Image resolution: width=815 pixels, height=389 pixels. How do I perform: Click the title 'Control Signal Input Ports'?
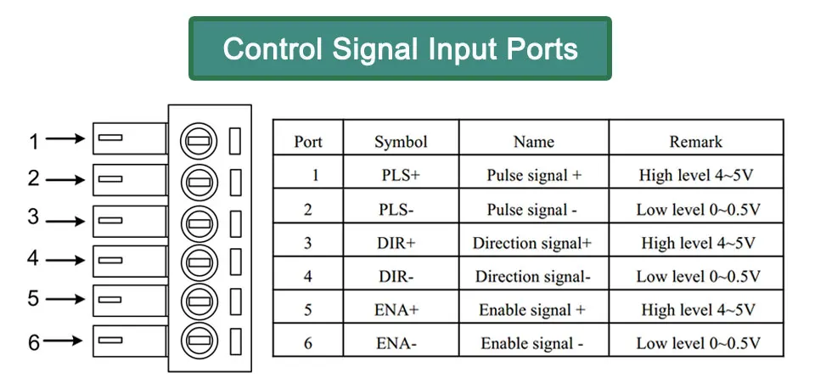[400, 49]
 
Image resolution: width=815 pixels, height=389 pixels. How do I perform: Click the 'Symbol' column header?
[401, 142]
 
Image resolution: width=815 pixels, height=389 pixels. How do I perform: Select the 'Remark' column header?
[695, 142]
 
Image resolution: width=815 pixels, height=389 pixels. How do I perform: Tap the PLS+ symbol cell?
[400, 175]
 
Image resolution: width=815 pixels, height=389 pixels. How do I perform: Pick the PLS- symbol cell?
[396, 210]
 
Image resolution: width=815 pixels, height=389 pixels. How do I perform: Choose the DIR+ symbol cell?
[396, 243]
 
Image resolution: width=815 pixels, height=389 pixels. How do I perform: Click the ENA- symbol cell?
[396, 343]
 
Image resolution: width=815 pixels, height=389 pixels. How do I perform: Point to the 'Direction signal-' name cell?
[533, 276]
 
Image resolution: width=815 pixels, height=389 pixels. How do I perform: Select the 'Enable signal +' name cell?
[532, 310]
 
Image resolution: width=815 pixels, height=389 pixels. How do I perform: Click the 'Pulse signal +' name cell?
[534, 176]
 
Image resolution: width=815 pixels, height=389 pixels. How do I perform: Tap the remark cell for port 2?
[698, 210]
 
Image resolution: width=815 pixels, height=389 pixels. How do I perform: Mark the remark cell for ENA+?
[698, 310]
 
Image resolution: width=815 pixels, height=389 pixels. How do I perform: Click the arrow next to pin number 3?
[65, 221]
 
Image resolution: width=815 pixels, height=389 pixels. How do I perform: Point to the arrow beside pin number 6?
[63, 341]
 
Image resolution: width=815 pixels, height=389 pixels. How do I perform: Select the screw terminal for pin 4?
[199, 261]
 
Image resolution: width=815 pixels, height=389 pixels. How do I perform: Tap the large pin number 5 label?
[33, 298]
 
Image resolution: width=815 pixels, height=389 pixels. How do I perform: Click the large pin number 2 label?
[33, 178]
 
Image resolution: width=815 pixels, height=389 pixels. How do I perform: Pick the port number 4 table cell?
[307, 276]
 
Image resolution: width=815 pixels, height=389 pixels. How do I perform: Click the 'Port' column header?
[307, 142]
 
